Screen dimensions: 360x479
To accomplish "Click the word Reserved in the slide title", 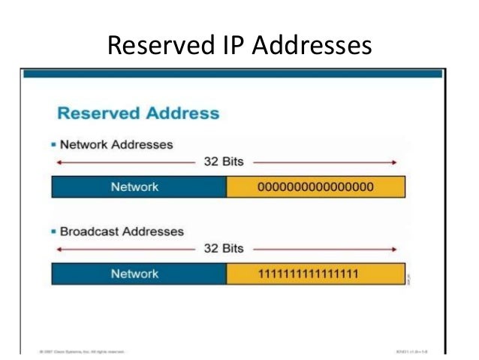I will point(152,46).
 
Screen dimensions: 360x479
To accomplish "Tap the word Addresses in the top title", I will point(312,46).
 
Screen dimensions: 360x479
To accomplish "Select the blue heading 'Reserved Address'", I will point(138,114).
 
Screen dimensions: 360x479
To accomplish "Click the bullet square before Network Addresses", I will point(54,144).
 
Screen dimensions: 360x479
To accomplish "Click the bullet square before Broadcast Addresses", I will point(54,231).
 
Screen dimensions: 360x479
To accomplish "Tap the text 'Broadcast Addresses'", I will point(121,231).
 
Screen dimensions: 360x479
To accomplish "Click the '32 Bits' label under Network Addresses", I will point(224,161).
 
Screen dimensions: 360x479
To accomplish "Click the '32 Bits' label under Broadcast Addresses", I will point(224,247).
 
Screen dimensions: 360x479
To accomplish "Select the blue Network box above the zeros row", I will point(139,186).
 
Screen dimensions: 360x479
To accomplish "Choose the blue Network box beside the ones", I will point(139,274).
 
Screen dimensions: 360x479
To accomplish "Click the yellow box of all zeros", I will point(315,186).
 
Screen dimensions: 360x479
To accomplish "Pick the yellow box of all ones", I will point(315,274).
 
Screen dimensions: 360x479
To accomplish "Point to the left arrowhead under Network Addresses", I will point(54,161).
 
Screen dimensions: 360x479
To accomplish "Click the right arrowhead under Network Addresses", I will point(394,161).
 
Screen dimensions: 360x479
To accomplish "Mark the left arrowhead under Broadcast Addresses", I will point(54,247).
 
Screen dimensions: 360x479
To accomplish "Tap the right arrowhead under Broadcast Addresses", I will point(394,247).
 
